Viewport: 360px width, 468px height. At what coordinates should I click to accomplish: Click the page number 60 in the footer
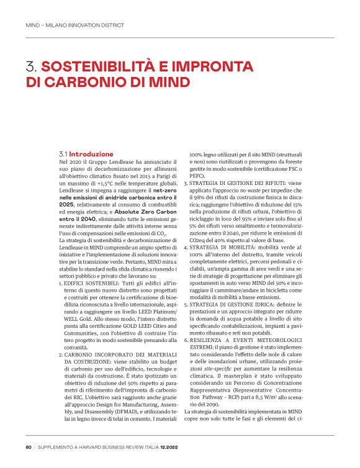point(29,446)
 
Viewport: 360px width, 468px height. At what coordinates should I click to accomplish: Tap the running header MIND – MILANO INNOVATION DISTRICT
point(74,25)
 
